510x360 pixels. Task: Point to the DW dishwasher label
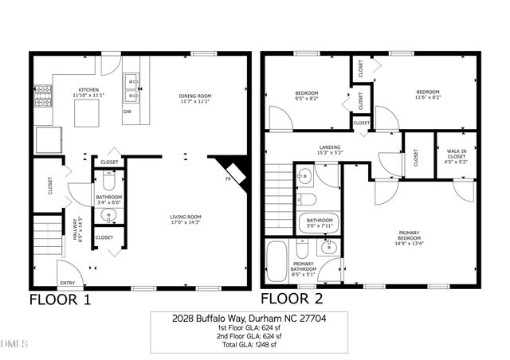click(x=127, y=112)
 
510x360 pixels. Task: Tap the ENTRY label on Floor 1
click(x=68, y=283)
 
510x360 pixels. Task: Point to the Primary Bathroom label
click(x=304, y=268)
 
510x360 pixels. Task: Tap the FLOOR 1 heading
click(x=60, y=300)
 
